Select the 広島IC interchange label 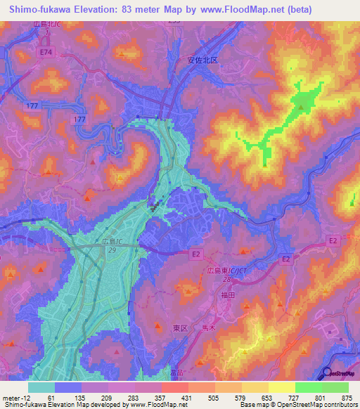pos(109,242)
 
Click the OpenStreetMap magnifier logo pos(328,373)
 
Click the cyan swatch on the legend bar pos(41,387)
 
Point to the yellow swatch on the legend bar pos(281,387)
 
